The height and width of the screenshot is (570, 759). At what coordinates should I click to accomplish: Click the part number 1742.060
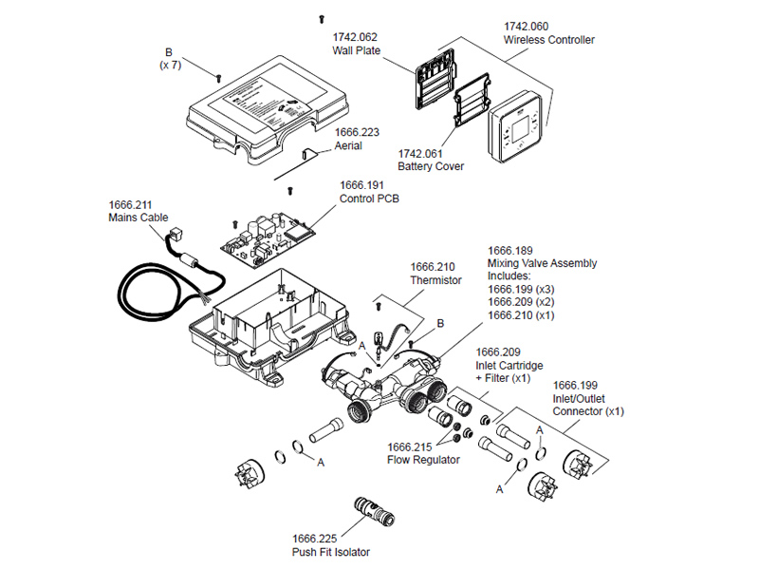pyautogui.click(x=527, y=26)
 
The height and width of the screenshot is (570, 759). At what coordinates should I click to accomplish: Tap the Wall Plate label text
pyautogui.click(x=353, y=52)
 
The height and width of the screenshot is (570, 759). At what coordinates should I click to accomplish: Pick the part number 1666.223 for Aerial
pyautogui.click(x=356, y=133)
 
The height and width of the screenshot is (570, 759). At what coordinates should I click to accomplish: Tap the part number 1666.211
pyautogui.click(x=131, y=204)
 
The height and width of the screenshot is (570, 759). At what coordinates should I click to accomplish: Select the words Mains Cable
pyautogui.click(x=139, y=218)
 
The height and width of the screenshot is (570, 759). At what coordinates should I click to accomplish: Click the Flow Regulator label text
pyautogui.click(x=423, y=460)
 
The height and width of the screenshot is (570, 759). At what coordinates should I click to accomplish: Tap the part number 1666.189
pyautogui.click(x=509, y=250)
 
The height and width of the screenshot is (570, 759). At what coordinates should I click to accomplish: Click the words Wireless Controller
pyautogui.click(x=549, y=40)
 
